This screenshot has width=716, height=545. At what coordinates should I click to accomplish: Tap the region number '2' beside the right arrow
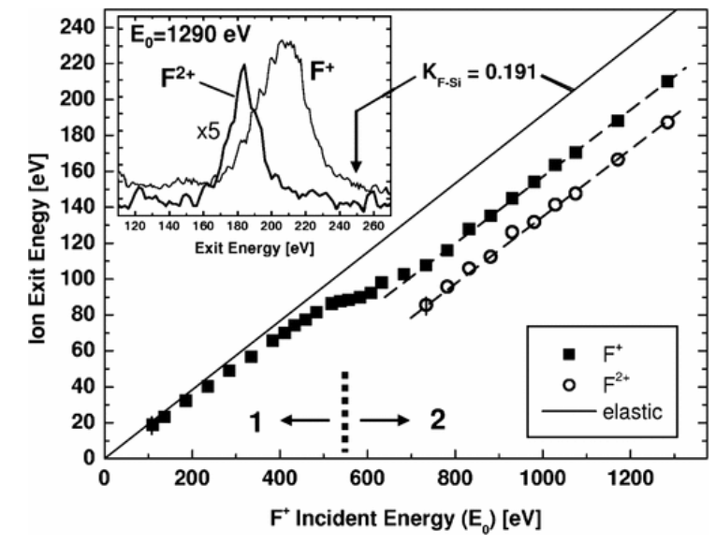point(437,421)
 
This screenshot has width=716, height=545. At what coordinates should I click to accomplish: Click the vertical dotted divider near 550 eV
point(345,410)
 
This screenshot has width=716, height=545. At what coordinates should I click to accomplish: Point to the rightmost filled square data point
point(667,81)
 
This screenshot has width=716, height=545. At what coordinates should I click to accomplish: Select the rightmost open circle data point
point(667,123)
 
